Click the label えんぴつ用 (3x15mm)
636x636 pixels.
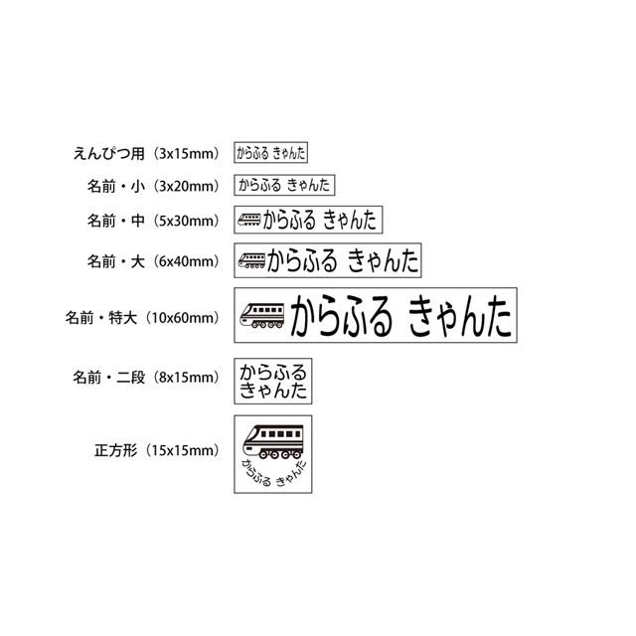145,153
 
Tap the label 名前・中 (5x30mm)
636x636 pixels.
151,220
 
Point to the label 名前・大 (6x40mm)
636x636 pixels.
151,261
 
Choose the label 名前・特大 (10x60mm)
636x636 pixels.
141,318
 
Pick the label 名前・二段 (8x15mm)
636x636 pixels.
144,378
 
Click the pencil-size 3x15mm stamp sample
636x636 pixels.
271,153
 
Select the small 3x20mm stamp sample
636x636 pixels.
284,185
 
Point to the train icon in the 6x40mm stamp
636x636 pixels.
251,260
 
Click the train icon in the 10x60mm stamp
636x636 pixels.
262,317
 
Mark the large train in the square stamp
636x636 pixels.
273,440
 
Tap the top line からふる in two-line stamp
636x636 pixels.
273,372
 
